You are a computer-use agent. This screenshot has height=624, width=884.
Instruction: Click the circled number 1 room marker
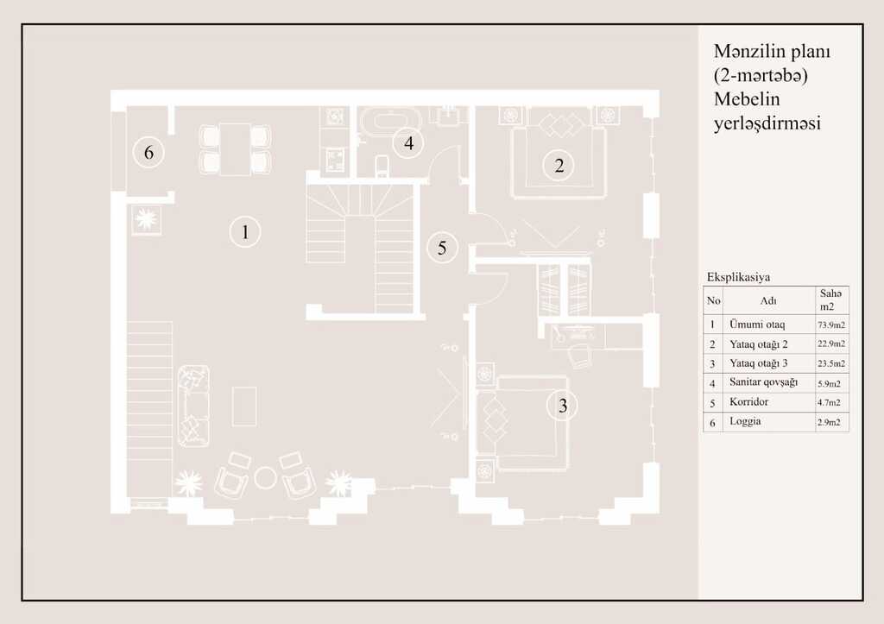(245, 231)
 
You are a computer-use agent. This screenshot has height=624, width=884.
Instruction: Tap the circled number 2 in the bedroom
(559, 165)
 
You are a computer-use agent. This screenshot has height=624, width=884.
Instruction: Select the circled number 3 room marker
(562, 406)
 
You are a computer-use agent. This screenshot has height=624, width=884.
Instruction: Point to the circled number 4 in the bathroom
(408, 142)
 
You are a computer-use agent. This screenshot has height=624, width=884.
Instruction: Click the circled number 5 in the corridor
(442, 247)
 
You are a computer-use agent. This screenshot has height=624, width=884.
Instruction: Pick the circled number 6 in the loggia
(148, 152)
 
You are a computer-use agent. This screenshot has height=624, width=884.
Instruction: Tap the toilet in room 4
(382, 166)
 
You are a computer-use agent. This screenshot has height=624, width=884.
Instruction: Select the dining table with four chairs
(235, 148)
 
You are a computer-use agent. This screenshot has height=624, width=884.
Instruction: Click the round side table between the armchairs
(265, 478)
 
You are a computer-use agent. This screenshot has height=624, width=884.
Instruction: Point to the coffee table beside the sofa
(244, 406)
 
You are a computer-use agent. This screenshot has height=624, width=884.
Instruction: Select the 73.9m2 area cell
(831, 325)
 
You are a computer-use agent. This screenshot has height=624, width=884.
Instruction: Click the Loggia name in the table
(745, 421)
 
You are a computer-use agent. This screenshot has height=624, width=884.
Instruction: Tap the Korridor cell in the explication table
(748, 402)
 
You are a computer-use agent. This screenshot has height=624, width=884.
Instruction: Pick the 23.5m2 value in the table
(831, 363)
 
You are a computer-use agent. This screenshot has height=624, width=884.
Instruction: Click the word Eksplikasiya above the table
(738, 277)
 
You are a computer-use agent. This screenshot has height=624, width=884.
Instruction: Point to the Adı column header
(768, 300)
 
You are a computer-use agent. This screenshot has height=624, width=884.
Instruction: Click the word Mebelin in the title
(747, 99)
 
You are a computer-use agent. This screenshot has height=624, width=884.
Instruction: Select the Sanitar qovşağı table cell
(763, 382)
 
